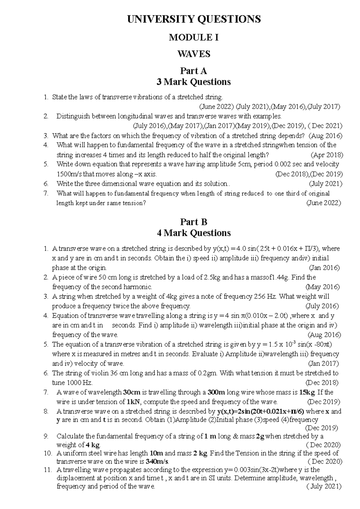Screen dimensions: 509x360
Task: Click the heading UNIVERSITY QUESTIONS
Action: coord(194,19)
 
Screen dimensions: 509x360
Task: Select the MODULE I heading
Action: coord(194,37)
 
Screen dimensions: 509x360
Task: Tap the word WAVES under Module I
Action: coord(194,54)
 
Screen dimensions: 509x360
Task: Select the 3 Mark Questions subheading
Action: coord(194,82)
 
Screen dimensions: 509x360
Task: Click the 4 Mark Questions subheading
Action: coord(194,233)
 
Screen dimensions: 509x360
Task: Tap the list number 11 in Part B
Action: coord(48,470)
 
